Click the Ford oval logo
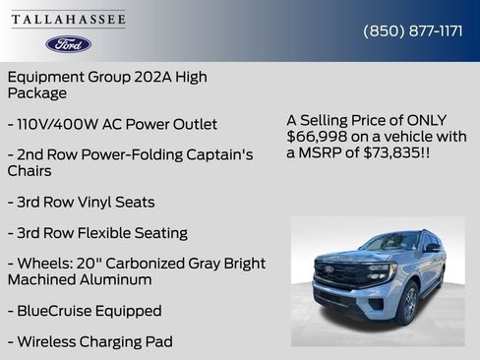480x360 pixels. click(69, 44)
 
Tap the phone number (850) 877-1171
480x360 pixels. click(413, 30)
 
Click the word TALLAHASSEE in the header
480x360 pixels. click(69, 20)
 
